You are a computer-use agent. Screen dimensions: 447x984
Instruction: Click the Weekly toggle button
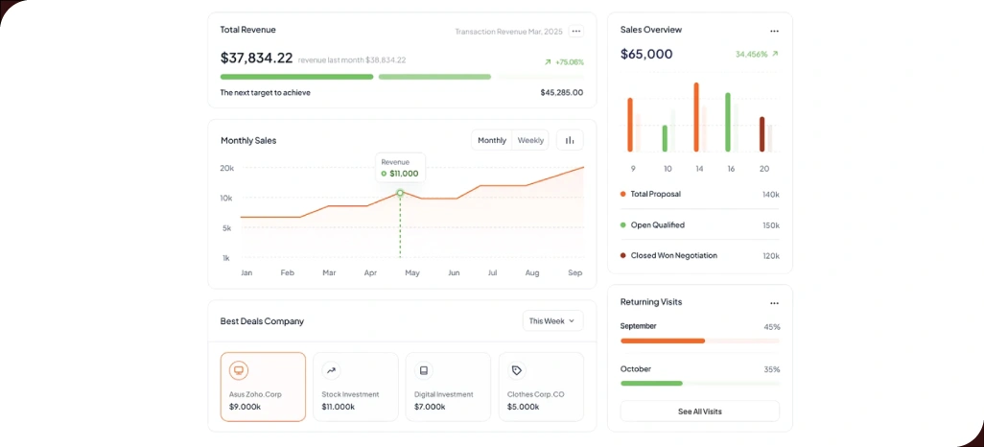[530, 140]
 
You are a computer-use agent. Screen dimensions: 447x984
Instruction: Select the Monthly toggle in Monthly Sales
[492, 140]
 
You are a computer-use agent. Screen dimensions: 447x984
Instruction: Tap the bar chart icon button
[570, 140]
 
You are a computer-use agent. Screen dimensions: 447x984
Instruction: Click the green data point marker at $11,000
[400, 193]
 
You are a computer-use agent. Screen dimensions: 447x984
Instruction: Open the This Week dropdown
[552, 320]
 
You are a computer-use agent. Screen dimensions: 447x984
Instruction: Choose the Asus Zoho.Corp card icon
[239, 370]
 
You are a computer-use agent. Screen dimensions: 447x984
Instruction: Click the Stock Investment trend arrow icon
[331, 370]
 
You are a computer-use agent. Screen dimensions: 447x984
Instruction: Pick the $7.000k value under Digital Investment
[430, 407]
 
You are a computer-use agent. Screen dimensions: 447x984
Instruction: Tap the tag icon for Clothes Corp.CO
[517, 370]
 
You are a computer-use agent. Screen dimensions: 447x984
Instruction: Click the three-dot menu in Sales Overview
[774, 31]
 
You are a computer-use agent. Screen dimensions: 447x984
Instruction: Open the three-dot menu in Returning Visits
[774, 303]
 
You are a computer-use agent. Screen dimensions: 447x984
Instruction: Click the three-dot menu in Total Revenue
[575, 32]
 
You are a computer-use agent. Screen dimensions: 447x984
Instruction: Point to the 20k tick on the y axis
[226, 168]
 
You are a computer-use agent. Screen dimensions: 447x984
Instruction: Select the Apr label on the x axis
[370, 273]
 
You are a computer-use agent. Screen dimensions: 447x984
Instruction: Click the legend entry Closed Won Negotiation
[673, 256]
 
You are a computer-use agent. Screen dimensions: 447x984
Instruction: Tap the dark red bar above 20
[762, 134]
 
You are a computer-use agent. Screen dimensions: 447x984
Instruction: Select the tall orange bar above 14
[696, 117]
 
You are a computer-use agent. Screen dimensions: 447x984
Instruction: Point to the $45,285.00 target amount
[561, 93]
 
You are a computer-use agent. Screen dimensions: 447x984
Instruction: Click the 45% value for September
[771, 327]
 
